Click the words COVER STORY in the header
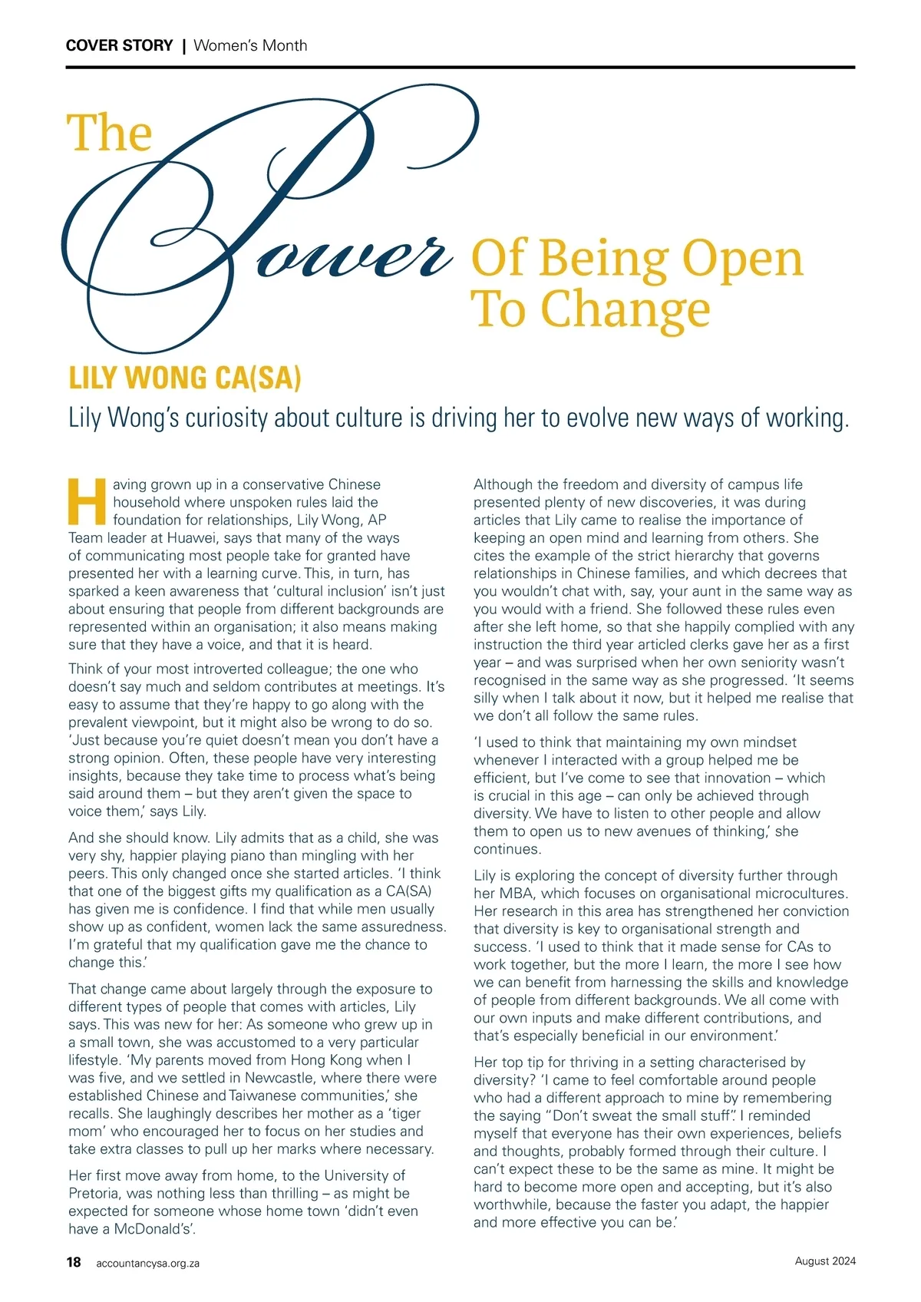click(x=119, y=45)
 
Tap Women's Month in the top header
click(x=250, y=45)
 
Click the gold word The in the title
click(x=110, y=134)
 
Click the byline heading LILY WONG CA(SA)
click(x=185, y=378)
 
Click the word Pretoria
click(x=94, y=1193)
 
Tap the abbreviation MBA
click(x=517, y=894)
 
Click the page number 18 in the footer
click(x=74, y=1262)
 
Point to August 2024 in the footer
click(x=825, y=1261)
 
